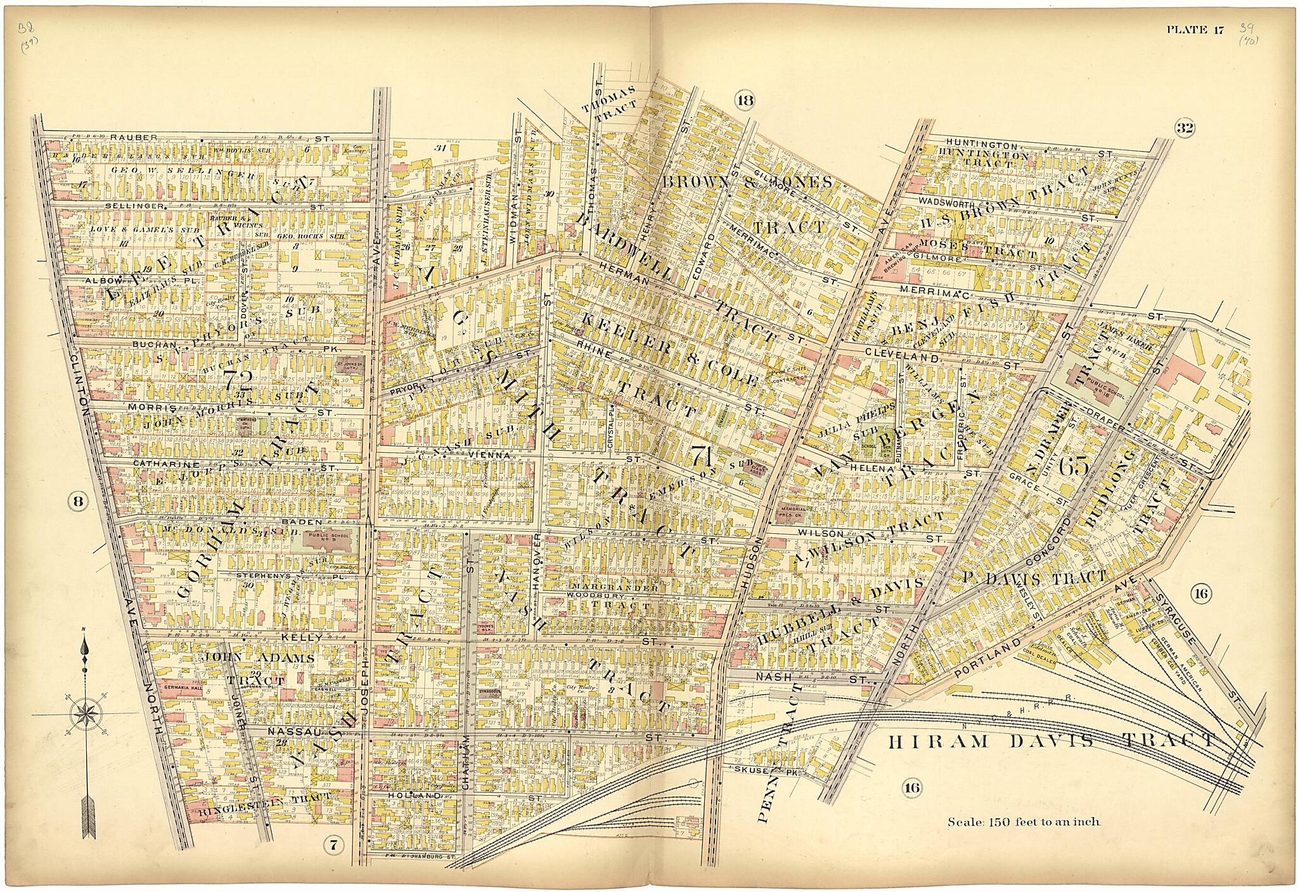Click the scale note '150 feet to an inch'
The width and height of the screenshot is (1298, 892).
click(x=1024, y=822)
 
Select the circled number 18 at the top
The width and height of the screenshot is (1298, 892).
click(x=745, y=100)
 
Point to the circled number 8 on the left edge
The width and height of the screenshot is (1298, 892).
click(x=77, y=501)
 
